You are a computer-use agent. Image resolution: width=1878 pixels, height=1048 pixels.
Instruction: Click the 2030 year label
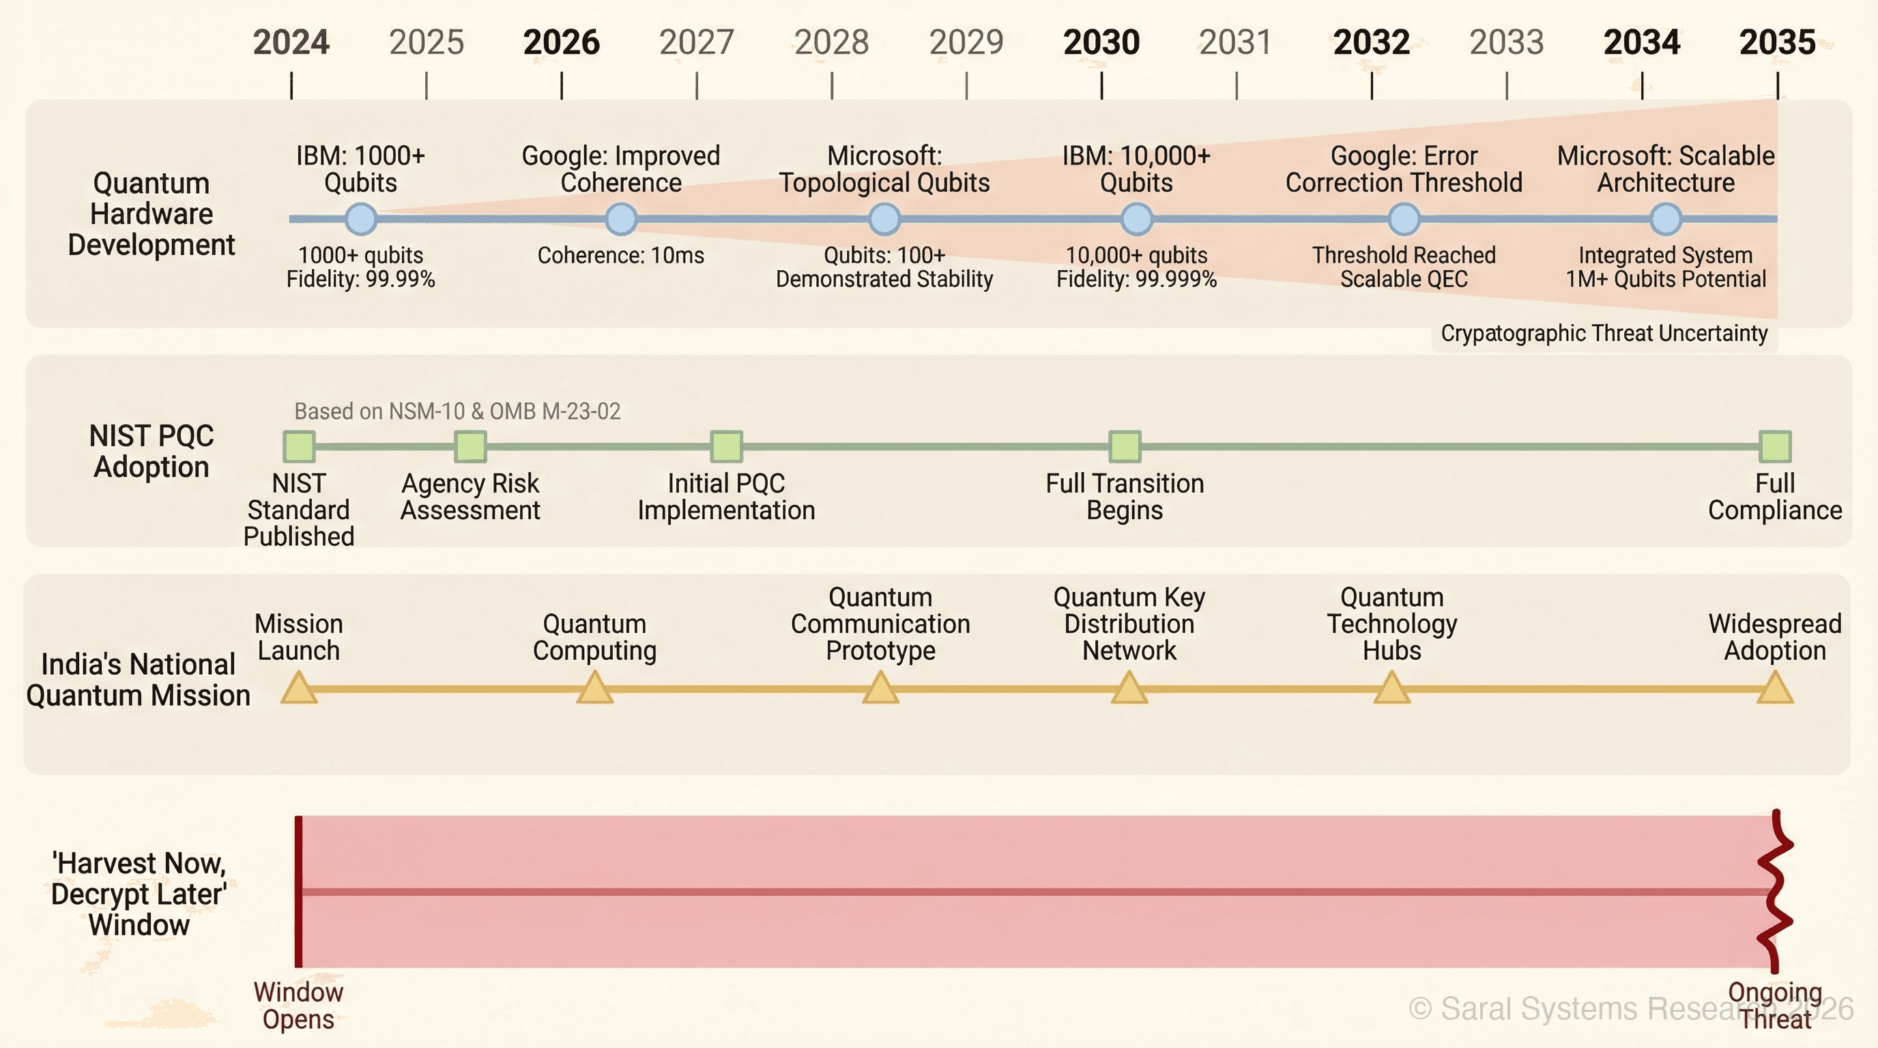point(1101,42)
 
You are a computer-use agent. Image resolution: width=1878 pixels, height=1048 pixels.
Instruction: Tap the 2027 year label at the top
point(696,42)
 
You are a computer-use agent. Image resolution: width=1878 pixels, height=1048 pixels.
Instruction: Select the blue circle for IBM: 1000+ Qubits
point(360,218)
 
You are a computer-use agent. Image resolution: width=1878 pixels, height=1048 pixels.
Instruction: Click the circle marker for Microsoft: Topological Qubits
point(884,218)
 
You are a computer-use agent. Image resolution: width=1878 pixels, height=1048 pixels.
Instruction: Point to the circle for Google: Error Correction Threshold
point(1404,218)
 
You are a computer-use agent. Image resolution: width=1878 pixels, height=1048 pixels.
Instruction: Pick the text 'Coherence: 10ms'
point(620,256)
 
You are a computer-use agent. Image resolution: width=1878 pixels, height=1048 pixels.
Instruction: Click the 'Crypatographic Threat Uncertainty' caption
point(1604,334)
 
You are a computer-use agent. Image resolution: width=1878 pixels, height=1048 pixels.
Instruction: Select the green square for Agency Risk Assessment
point(470,447)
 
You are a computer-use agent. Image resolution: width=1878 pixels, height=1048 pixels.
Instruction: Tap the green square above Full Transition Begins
point(1124,447)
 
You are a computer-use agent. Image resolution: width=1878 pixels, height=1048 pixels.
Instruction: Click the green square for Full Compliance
point(1774,447)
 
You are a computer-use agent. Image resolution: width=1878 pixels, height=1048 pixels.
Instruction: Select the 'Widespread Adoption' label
point(1774,637)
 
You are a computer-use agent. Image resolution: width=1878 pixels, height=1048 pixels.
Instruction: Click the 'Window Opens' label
point(298,1006)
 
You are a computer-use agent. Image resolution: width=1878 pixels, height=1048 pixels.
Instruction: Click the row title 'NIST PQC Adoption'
point(151,451)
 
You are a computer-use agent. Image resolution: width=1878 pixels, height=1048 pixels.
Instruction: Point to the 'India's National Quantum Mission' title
point(138,680)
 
